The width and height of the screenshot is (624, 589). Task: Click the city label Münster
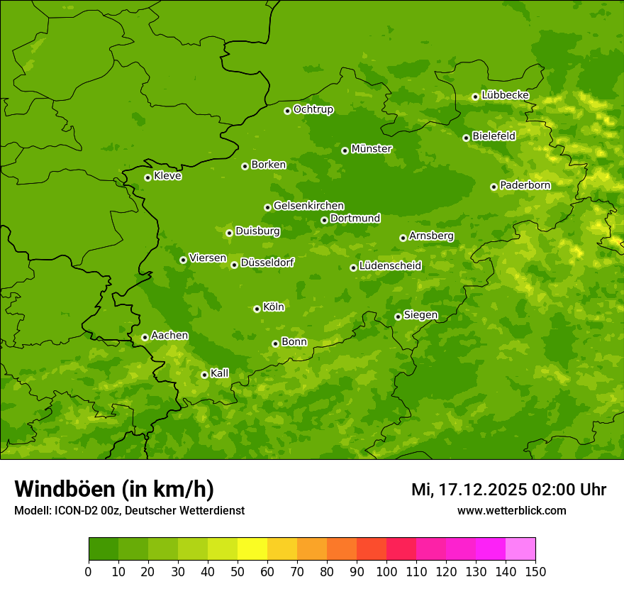pos(372,149)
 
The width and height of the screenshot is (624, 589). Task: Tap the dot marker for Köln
pos(257,309)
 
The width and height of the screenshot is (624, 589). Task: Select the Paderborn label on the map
pos(525,185)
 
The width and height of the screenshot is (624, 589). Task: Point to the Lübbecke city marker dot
pos(475,97)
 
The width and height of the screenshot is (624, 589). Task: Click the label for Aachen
pos(169,336)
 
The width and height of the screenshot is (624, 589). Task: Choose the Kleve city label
pos(167,176)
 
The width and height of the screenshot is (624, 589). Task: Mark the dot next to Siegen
pos(398,316)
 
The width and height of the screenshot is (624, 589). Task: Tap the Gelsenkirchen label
pos(308,206)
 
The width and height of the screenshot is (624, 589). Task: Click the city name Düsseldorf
pos(267,263)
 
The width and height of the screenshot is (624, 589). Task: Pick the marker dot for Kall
pos(204,375)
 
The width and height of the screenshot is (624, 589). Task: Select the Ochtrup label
pos(313,109)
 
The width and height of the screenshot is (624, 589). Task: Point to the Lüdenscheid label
pos(390,266)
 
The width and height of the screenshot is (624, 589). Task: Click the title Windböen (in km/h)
pos(114,489)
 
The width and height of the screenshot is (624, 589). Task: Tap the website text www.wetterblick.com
pos(511,510)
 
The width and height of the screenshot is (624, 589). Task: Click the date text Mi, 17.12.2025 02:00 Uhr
pos(508,490)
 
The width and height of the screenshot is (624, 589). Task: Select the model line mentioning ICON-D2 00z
pos(129,510)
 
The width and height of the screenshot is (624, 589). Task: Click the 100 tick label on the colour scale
pos(386,571)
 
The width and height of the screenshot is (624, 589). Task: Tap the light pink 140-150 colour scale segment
pos(520,549)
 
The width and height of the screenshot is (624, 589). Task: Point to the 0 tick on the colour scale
pos(89,571)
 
